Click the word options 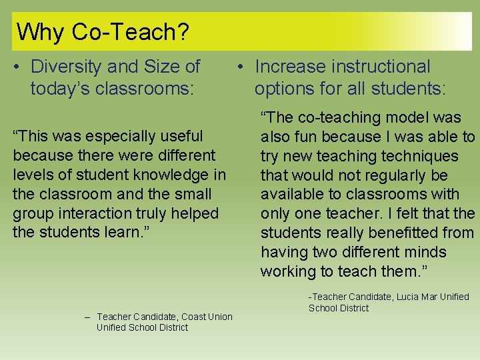point(283,89)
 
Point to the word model point(402,117)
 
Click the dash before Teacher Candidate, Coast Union point(87,317)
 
